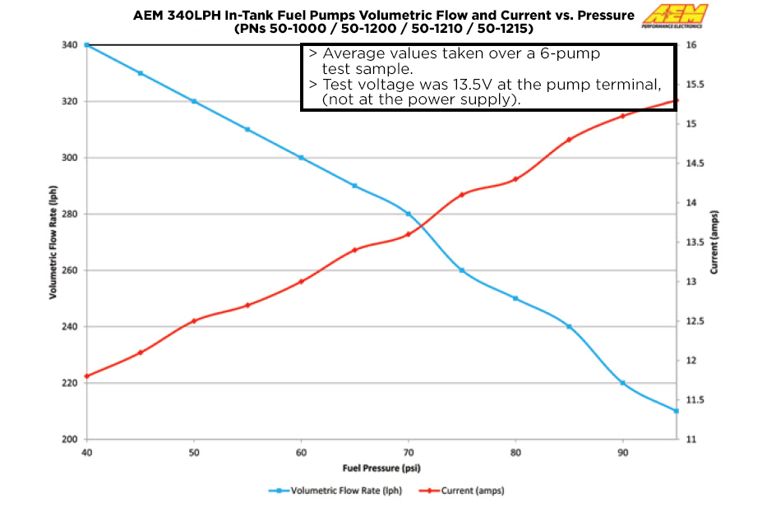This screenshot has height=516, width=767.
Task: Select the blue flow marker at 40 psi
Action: [87, 45]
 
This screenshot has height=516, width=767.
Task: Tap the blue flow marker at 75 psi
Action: [462, 270]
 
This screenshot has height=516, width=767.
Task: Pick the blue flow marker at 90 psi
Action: [622, 383]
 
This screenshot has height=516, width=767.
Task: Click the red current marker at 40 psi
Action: [87, 376]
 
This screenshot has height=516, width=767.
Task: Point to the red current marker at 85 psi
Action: [569, 140]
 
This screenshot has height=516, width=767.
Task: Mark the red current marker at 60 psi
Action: [301, 282]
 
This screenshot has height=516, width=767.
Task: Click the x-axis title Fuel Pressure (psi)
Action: [383, 468]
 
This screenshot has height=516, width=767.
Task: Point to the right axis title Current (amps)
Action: [714, 242]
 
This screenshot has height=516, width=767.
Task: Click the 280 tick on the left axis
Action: [70, 214]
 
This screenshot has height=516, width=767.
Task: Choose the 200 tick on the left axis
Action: [70, 440]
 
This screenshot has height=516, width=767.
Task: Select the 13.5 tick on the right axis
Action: [695, 242]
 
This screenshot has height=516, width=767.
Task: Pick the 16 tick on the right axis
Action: [691, 45]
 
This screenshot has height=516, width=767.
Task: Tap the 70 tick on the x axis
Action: [409, 452]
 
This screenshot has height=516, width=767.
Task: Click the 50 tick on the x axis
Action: [194, 452]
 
